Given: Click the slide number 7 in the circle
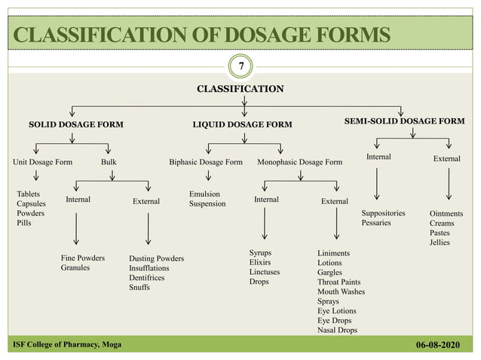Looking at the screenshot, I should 240,67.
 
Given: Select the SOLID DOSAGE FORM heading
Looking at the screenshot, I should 76,123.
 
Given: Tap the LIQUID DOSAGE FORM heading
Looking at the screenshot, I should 242,124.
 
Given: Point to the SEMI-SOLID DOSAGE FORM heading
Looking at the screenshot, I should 404,121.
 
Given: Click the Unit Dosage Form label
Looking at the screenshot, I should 43,161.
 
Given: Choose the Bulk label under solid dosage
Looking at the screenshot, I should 109,161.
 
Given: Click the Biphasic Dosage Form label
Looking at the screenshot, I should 206,161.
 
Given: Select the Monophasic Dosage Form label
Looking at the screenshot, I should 299,161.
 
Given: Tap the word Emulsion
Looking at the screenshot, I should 204,194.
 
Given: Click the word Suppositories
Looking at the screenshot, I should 383,213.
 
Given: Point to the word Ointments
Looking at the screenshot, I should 446,213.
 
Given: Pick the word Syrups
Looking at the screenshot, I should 261,252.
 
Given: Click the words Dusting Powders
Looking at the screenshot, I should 156,258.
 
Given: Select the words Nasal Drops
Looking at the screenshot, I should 337,330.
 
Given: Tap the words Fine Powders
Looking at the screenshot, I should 83,258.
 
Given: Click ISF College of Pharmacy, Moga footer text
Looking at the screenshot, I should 66,345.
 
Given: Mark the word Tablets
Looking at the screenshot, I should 29,194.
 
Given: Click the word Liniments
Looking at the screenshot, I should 333,253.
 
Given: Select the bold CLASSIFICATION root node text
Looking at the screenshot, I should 240,89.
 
